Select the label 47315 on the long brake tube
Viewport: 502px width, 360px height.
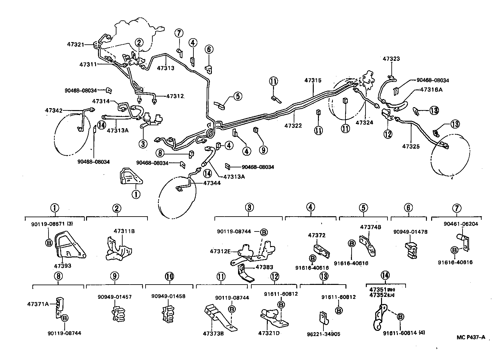point(313,80)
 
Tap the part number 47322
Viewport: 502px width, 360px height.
point(293,125)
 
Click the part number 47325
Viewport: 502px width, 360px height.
point(411,146)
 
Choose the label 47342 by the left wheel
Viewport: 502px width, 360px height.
point(53,110)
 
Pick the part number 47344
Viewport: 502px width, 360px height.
point(212,183)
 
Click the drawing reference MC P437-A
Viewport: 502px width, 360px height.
point(471,337)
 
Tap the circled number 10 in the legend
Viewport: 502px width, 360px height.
point(169,276)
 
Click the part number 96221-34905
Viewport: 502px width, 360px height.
point(324,334)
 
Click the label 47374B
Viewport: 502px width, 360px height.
point(371,227)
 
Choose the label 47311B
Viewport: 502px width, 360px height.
point(124,231)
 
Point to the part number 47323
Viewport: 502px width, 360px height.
point(391,59)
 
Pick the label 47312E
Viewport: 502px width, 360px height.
point(220,251)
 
